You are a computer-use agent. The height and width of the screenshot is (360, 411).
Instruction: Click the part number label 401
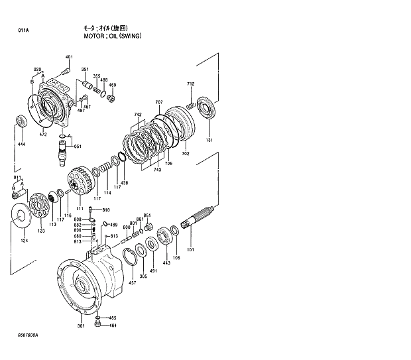pyautogui.click(x=70, y=58)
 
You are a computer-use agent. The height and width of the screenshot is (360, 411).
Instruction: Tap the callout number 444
pyautogui.click(x=21, y=144)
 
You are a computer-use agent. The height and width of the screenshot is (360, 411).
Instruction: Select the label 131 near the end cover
pyautogui.click(x=209, y=141)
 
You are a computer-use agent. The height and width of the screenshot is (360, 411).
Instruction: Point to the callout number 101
pyautogui.click(x=190, y=250)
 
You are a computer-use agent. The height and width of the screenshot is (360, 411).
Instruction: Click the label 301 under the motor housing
pyautogui.click(x=81, y=326)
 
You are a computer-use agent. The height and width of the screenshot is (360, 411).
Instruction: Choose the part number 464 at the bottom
pyautogui.click(x=113, y=326)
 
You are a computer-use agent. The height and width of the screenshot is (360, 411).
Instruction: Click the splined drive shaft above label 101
pyautogui.click(x=200, y=218)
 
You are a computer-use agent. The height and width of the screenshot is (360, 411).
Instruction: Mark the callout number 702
pyautogui.click(x=186, y=154)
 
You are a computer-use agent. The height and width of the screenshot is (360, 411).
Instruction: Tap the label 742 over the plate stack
pyautogui.click(x=138, y=115)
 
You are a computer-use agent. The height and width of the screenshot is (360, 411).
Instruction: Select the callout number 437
pyautogui.click(x=133, y=283)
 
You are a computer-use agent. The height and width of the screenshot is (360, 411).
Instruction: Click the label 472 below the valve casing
pyautogui.click(x=43, y=135)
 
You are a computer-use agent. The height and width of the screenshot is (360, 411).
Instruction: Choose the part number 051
pyautogui.click(x=78, y=147)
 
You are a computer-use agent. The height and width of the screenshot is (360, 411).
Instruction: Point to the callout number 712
pyautogui.click(x=191, y=84)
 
